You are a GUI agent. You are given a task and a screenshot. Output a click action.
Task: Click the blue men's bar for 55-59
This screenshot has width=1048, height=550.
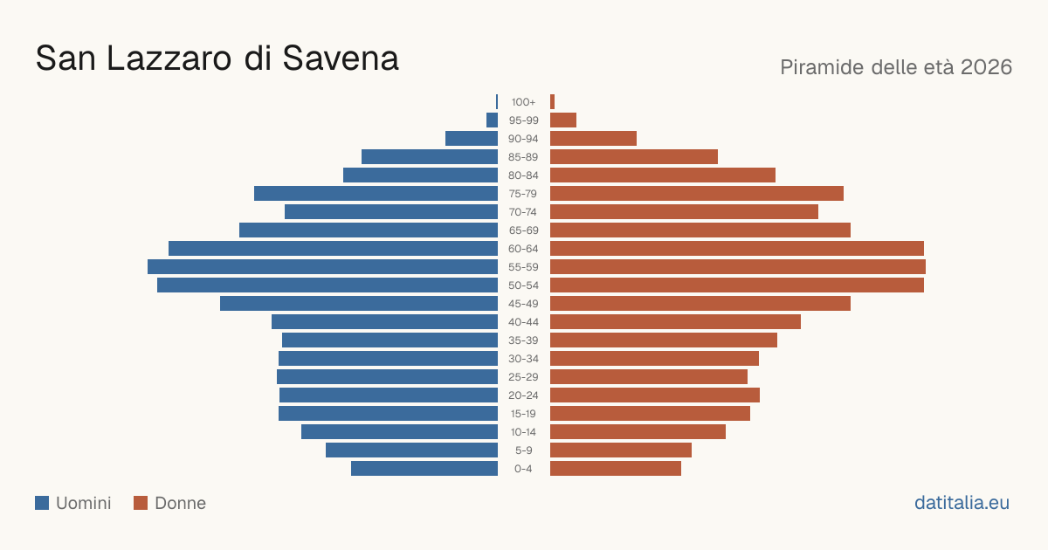pyautogui.click(x=323, y=267)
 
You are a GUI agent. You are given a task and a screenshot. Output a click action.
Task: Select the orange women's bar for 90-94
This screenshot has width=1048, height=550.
pyautogui.click(x=593, y=139)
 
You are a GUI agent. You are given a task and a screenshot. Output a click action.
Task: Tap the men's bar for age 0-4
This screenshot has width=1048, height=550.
pyautogui.click(x=424, y=469)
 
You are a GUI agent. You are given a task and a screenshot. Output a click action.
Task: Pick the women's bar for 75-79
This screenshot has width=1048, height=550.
pyautogui.click(x=697, y=194)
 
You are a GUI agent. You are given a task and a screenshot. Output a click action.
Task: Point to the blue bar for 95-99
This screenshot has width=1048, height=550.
pyautogui.click(x=493, y=120)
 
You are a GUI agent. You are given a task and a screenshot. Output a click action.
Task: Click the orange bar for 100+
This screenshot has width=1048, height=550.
pyautogui.click(x=553, y=102)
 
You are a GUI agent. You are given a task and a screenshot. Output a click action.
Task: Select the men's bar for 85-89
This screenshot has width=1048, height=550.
pyautogui.click(x=430, y=156)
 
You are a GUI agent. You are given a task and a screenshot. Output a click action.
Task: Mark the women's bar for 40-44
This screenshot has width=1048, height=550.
pyautogui.click(x=676, y=322)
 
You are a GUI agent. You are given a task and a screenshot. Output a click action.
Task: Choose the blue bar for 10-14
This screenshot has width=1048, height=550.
pyautogui.click(x=400, y=431)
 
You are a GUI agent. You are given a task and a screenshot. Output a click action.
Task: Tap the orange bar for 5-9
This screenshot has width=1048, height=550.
pyautogui.click(x=621, y=450)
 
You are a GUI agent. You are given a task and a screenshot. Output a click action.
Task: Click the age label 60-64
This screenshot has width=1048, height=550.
pyautogui.click(x=523, y=249)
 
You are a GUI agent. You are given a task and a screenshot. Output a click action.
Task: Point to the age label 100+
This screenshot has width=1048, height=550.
pyautogui.click(x=523, y=102)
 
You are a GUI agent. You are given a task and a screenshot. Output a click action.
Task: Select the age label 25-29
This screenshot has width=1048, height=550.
pyautogui.click(x=523, y=377)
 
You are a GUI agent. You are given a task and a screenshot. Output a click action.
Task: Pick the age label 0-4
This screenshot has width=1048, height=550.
pyautogui.click(x=523, y=469)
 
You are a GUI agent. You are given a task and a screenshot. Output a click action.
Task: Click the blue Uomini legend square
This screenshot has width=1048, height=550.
pyautogui.click(x=42, y=503)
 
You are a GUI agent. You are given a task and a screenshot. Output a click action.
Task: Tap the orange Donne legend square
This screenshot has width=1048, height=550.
pyautogui.click(x=141, y=503)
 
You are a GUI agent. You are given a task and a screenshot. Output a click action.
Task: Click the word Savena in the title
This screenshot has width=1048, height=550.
pyautogui.click(x=341, y=58)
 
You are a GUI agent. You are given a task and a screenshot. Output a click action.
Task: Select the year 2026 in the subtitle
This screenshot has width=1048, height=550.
pyautogui.click(x=986, y=67)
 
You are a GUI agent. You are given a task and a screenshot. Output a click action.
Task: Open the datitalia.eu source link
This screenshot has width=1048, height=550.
pyautogui.click(x=962, y=503)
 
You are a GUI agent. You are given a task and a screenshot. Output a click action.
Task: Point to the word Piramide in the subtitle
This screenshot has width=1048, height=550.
pyautogui.click(x=823, y=67)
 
